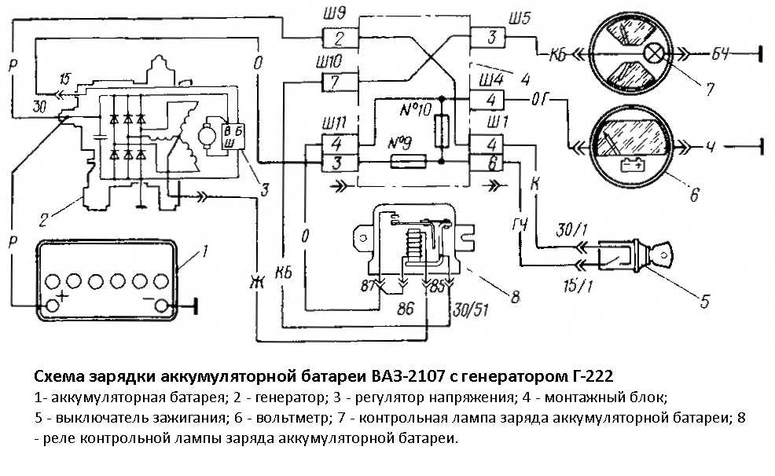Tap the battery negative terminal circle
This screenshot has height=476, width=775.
point(162,305)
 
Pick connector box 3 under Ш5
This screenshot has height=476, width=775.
point(490,37)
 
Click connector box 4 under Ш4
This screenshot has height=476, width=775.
point(490,101)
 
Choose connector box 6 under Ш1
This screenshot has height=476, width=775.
point(490,163)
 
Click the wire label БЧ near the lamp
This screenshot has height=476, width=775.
point(721,53)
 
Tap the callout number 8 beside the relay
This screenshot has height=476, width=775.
point(515,297)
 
